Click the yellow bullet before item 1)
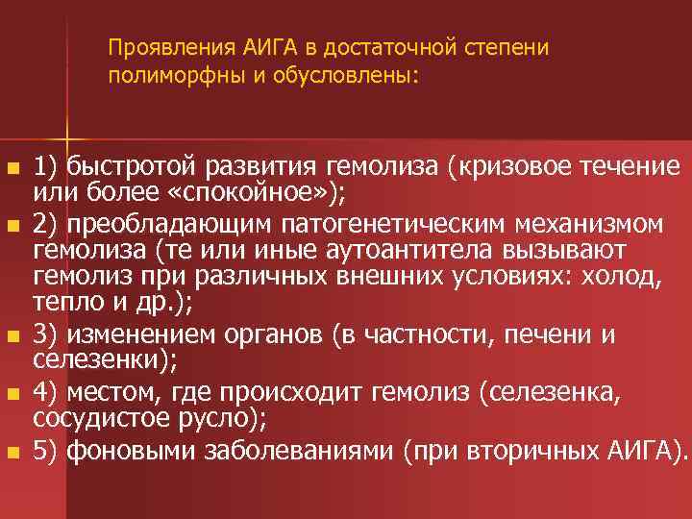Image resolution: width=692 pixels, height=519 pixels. tap(12, 169)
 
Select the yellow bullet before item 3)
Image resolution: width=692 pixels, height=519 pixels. tap(12, 338)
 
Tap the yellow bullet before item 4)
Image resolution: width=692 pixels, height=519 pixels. tap(12, 393)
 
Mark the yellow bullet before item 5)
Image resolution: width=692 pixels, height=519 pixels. tap(12, 450)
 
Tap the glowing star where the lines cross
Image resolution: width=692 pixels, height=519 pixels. tap(67, 132)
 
